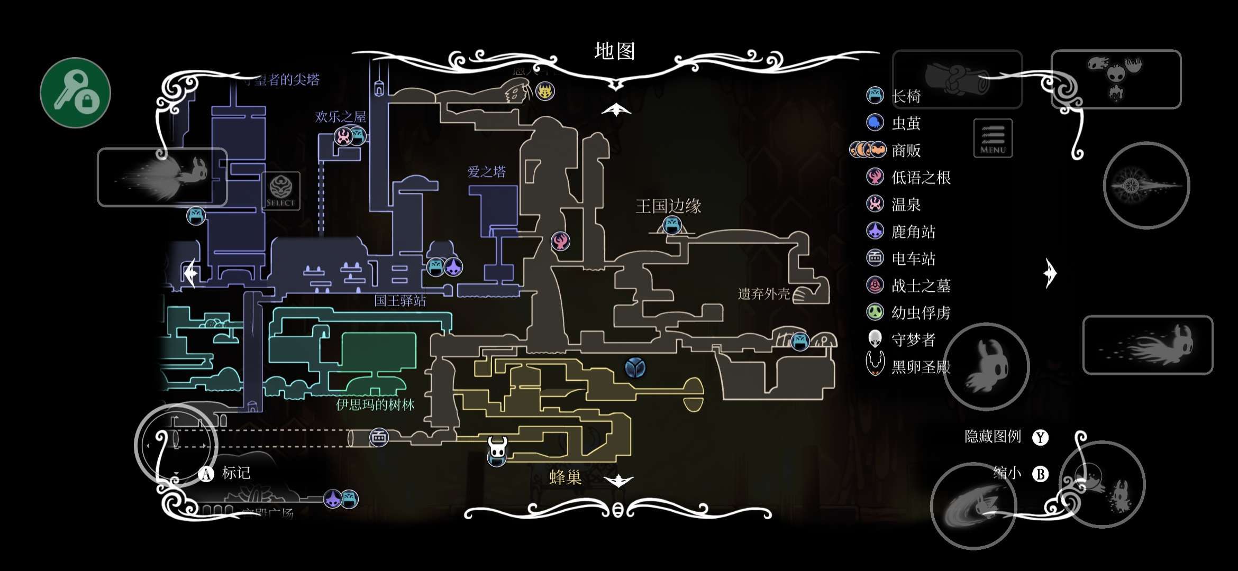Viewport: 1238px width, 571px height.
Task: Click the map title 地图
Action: point(614,51)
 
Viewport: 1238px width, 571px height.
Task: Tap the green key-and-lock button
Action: point(76,93)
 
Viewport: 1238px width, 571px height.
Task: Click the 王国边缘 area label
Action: point(668,206)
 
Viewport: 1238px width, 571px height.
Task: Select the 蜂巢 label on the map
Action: point(566,477)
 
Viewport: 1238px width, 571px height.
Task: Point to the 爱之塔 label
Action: point(486,172)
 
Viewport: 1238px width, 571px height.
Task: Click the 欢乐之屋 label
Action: point(340,117)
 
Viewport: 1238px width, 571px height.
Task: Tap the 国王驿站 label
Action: point(399,301)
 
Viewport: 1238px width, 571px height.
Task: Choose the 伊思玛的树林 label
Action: point(375,405)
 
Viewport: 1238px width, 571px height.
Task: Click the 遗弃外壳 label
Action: point(763,293)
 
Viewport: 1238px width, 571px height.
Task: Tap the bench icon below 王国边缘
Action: point(672,225)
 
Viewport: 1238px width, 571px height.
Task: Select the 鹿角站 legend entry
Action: point(913,232)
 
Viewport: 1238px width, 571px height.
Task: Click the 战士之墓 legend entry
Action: point(921,285)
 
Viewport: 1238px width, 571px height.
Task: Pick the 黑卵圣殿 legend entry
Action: point(921,366)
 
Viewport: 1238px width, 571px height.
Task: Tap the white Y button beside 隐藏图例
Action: point(1040,437)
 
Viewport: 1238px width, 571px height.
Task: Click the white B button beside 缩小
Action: point(1040,474)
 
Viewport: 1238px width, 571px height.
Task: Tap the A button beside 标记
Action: point(206,474)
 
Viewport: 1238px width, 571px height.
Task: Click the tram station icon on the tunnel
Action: point(379,437)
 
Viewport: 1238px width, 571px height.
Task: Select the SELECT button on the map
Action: point(280,191)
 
